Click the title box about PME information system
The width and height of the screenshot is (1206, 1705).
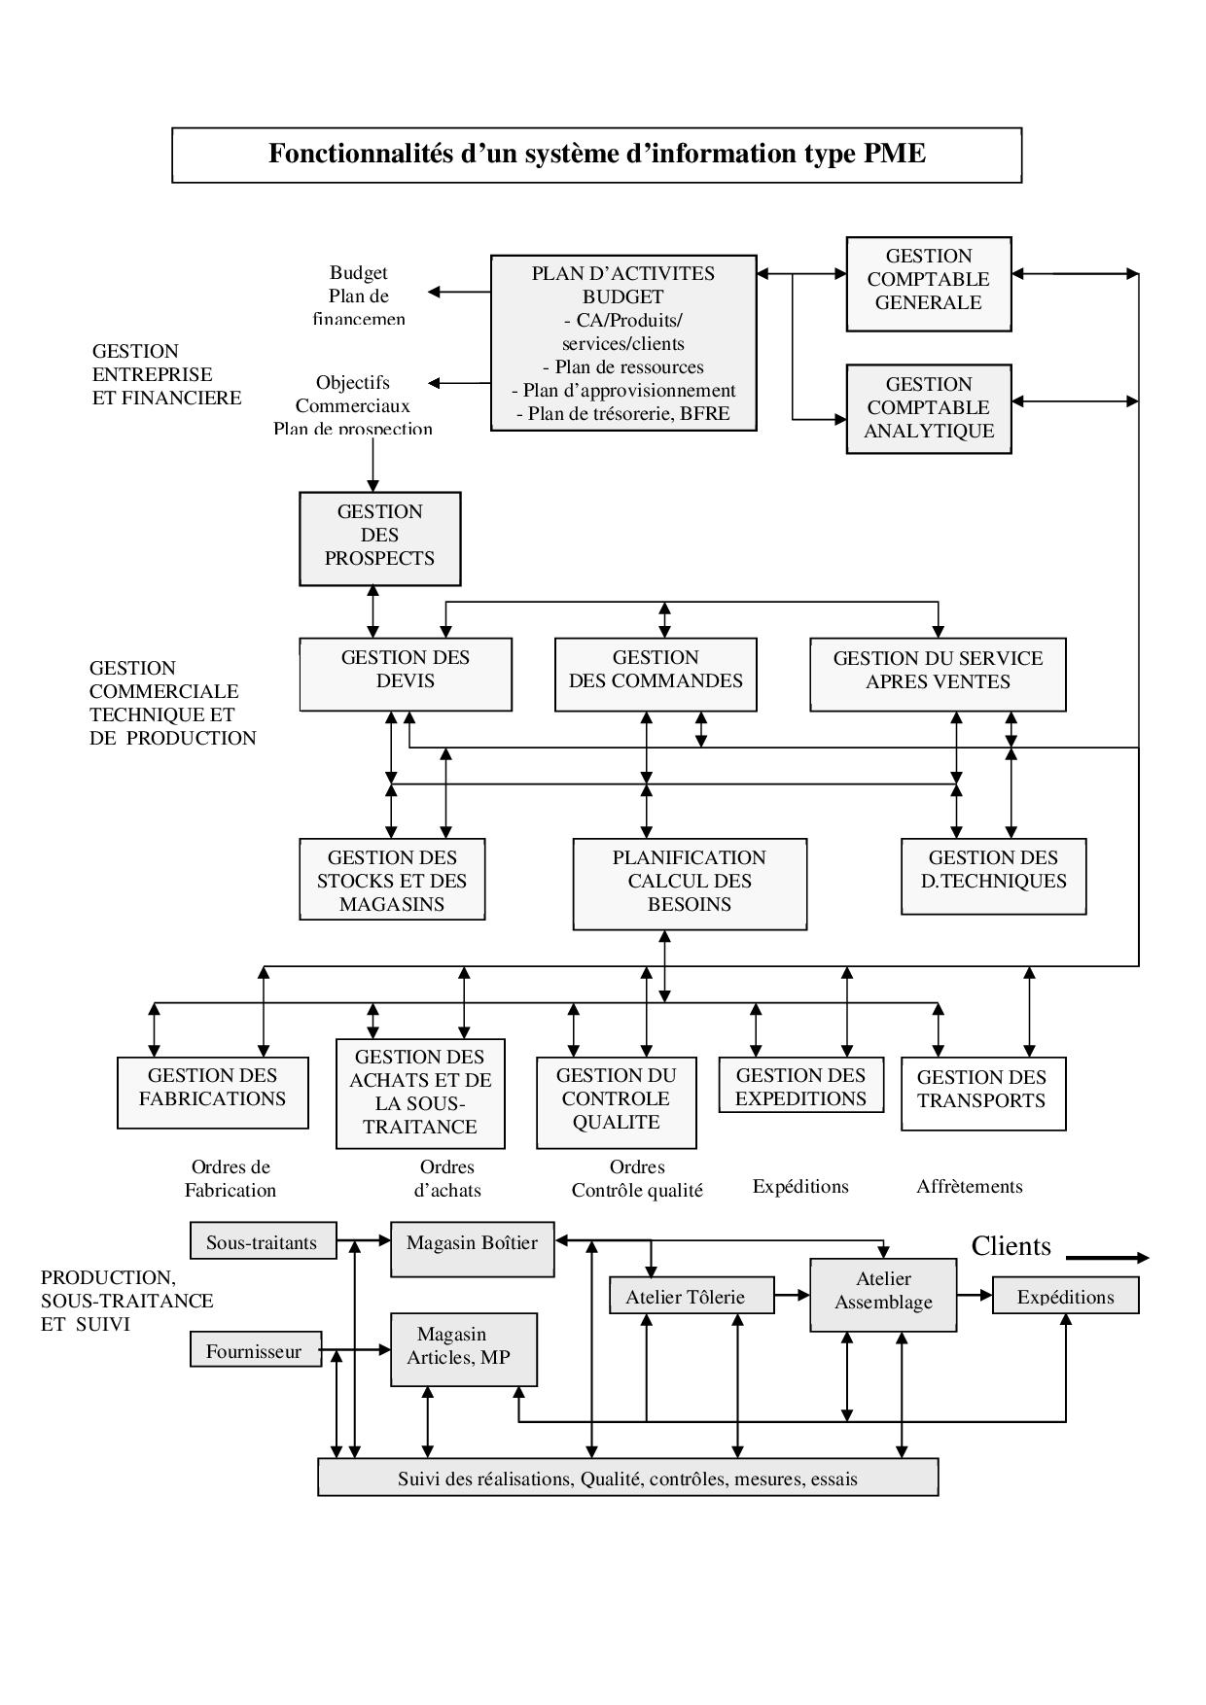(596, 155)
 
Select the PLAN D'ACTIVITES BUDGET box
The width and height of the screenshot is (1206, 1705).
(623, 343)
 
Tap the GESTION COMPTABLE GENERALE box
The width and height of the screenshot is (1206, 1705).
(929, 283)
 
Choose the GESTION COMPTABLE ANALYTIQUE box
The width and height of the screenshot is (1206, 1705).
(929, 408)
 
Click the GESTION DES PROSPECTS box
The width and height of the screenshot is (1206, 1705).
(379, 539)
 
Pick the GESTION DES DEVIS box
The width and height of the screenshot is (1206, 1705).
(406, 674)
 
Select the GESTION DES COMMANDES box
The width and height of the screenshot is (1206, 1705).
(656, 674)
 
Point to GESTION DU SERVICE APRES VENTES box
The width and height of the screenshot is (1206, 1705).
(938, 674)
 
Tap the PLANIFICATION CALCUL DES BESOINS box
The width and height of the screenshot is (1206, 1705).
(690, 884)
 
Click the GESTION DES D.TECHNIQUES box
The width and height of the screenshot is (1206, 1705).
(993, 876)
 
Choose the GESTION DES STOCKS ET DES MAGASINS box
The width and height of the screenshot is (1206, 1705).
(392, 879)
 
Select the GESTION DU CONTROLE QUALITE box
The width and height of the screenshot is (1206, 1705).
(617, 1102)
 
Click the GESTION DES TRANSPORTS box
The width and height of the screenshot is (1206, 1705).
(983, 1094)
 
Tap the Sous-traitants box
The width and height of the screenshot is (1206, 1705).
(263, 1241)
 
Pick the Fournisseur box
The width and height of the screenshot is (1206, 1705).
(255, 1350)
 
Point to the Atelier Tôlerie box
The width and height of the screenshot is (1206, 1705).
(692, 1296)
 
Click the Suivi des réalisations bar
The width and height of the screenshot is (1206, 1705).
(627, 1477)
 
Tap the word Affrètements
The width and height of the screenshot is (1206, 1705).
(970, 1186)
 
